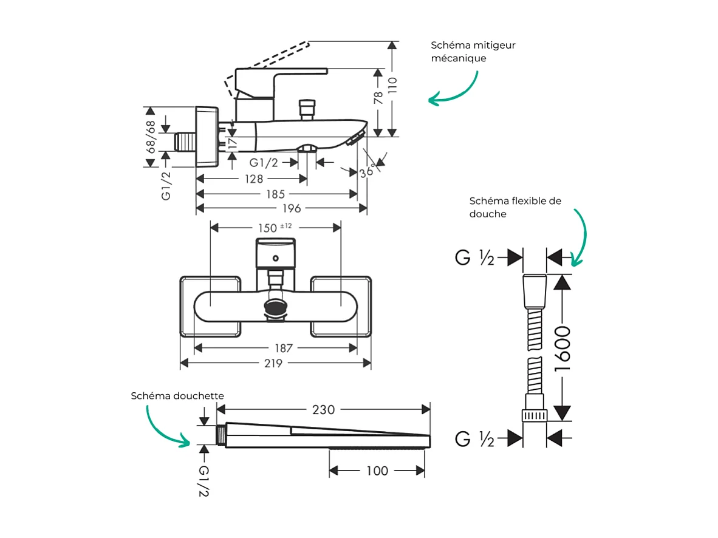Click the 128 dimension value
point(254,179)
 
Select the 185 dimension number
point(275,194)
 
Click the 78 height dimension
point(378,98)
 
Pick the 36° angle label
point(366,172)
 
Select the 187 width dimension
point(283,348)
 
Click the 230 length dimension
point(323,410)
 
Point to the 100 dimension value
point(377,471)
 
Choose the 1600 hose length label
point(562,349)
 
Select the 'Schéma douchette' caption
point(177,396)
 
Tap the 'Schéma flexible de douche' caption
point(515,207)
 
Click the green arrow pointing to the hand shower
point(161,426)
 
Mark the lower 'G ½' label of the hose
point(474,438)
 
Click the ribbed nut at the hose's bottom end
point(535,415)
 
